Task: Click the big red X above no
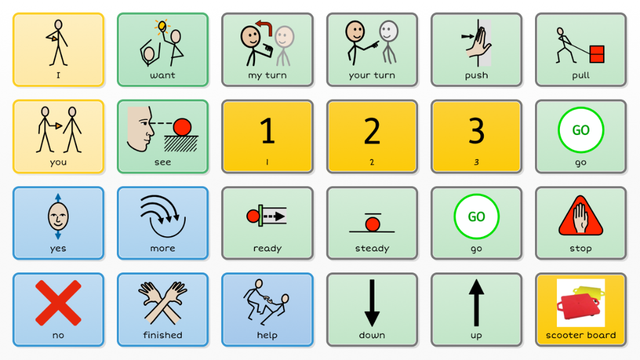(58, 302)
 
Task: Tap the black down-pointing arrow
(372, 303)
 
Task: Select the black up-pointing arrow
(476, 303)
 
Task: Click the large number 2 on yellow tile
(372, 131)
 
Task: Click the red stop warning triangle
(580, 216)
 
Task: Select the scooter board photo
(580, 303)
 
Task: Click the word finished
(162, 335)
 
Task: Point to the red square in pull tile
(597, 54)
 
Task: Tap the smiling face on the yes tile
(57, 217)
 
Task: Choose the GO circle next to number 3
(581, 131)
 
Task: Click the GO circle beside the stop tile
(476, 217)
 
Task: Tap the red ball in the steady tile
(372, 224)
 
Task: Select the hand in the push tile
(477, 45)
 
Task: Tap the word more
(162, 248)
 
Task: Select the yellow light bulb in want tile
(162, 26)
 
